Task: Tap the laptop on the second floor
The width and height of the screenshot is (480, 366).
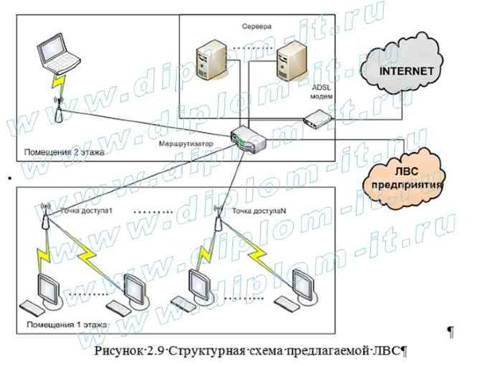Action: (60, 54)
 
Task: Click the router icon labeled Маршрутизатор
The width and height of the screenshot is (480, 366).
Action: (248, 140)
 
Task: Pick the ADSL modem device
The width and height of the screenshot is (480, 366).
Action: (316, 121)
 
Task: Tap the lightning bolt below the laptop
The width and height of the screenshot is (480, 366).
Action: (57, 82)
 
